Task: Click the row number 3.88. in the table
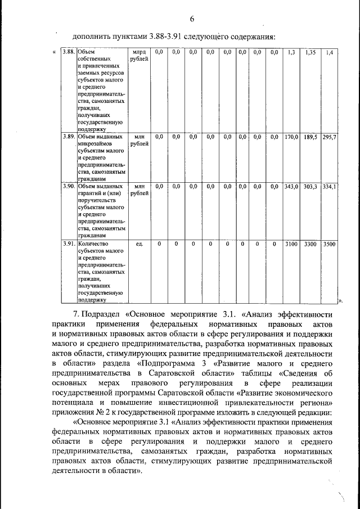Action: (x=69, y=52)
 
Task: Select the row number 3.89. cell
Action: (x=69, y=137)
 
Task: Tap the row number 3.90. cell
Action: (x=69, y=186)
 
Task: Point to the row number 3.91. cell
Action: (x=69, y=244)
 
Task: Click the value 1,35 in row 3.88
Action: (x=310, y=52)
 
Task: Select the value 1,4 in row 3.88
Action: (x=329, y=52)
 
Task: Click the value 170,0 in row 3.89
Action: (x=291, y=137)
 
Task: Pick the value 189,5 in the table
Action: (x=310, y=137)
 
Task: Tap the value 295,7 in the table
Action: (x=329, y=137)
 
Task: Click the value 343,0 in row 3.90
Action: (x=291, y=186)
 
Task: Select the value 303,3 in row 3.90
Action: (x=310, y=186)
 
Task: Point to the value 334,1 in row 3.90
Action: (x=329, y=186)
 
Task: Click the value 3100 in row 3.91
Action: (x=291, y=244)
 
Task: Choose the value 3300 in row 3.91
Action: (x=310, y=244)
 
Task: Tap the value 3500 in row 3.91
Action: (x=329, y=244)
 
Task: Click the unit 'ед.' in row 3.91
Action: (x=140, y=244)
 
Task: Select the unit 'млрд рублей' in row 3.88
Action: (x=140, y=56)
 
